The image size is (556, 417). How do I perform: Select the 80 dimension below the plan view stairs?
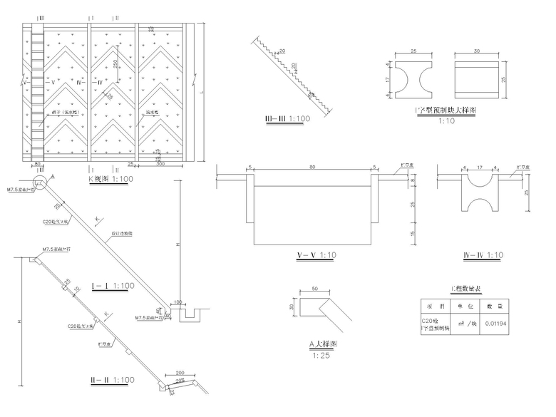(36, 163)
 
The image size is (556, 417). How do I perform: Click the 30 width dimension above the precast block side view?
(476, 51)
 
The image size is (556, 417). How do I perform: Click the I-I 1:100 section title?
(113, 285)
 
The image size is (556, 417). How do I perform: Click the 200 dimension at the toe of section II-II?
(179, 372)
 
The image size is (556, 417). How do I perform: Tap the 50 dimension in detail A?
(314, 289)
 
